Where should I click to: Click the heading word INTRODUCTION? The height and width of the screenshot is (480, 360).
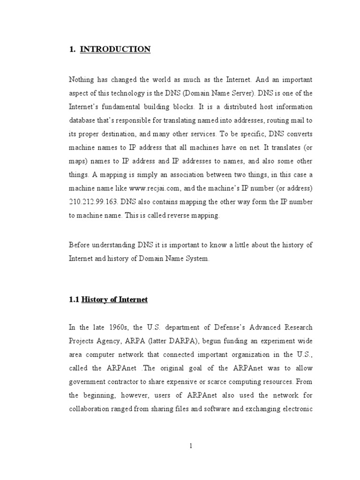[x=115, y=49]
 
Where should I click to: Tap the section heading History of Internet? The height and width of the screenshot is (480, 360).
[x=115, y=300]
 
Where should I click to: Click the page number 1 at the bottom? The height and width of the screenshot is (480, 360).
[x=191, y=446]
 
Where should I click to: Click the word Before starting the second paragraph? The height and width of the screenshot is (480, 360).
[x=80, y=244]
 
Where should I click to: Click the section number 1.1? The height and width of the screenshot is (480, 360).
[x=75, y=300]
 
